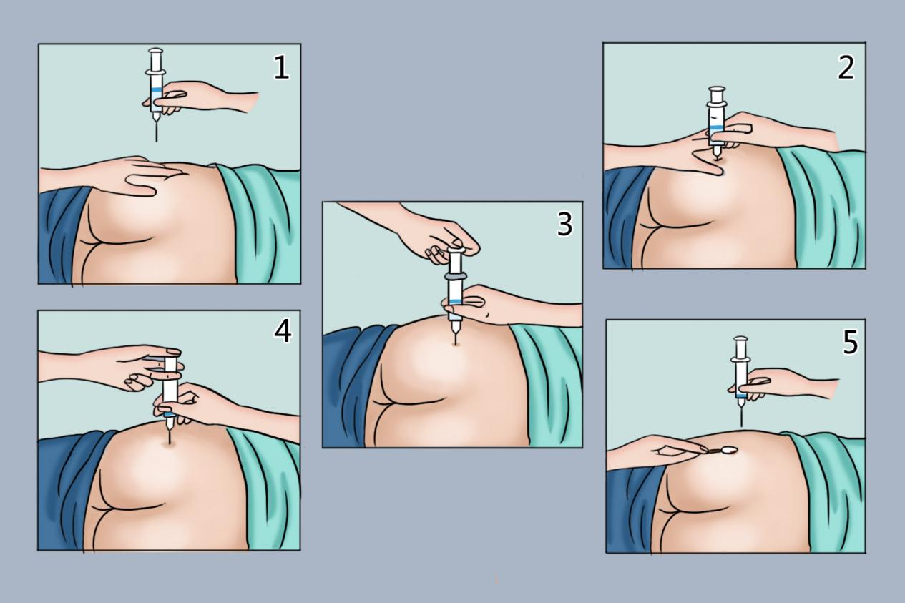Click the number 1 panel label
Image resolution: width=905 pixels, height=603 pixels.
tap(282, 67)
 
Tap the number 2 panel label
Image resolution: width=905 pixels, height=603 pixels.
tap(846, 68)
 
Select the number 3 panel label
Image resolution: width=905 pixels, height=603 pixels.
tap(564, 224)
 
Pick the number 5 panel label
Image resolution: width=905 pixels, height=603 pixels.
tap(850, 343)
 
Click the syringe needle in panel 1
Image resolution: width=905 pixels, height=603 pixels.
tap(157, 131)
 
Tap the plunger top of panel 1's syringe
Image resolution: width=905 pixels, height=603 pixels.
tap(156, 52)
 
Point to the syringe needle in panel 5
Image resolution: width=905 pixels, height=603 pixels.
tap(741, 417)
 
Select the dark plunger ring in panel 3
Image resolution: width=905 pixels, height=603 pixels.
tap(455, 276)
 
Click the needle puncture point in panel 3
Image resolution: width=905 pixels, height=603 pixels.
tap(456, 344)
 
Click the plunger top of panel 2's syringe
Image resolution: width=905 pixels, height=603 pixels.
tap(717, 89)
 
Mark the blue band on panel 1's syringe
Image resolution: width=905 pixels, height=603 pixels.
tap(156, 89)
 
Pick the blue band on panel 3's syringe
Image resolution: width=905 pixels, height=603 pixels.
tap(455, 302)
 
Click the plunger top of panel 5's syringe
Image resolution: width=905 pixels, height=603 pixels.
tap(741, 339)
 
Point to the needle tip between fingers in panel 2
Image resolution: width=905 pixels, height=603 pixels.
tap(717, 160)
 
